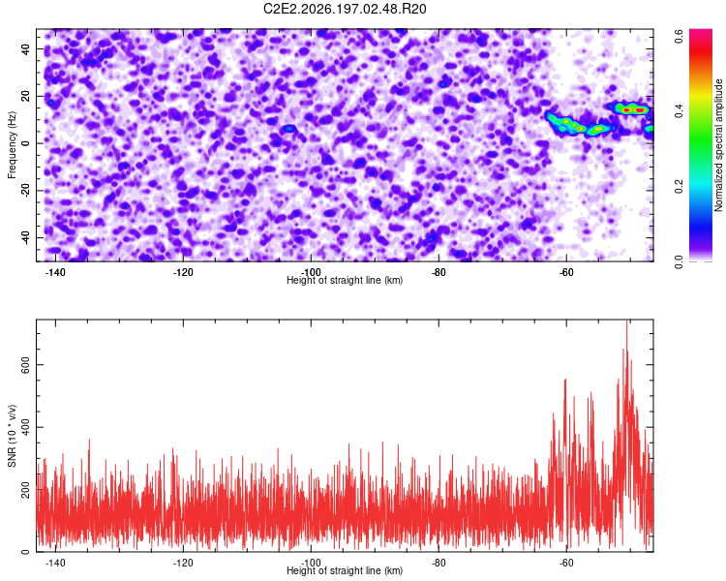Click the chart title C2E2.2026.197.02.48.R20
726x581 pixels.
[x=345, y=9]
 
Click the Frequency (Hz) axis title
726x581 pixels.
[x=12, y=145]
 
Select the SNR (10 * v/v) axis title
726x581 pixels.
[x=12, y=436]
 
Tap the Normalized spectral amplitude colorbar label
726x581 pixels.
[x=718, y=145]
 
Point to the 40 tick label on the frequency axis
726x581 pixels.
[x=25, y=48]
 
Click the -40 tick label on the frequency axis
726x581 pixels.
[x=25, y=236]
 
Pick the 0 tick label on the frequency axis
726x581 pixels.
[x=25, y=143]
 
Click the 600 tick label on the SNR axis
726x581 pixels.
[x=25, y=365]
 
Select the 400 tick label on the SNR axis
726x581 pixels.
[x=25, y=427]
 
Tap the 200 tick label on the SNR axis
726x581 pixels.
[x=25, y=490]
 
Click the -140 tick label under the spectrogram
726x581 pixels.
[x=55, y=272]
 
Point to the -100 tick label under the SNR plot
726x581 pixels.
[x=311, y=563]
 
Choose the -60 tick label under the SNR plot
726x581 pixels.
[x=566, y=563]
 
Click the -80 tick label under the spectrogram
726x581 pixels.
[x=439, y=272]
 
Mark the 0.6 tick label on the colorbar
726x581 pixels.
[x=679, y=36]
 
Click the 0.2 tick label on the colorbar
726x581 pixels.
[x=679, y=186]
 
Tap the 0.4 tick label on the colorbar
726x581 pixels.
[x=679, y=111]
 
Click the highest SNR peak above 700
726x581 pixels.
[x=627, y=321]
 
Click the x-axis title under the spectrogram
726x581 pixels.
[x=345, y=280]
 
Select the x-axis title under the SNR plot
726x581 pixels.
[x=345, y=570]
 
